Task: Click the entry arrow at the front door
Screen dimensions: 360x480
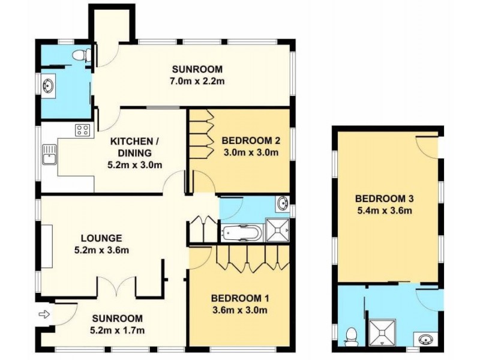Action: pyautogui.click(x=44, y=313)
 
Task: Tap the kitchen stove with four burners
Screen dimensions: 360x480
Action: pyautogui.click(x=83, y=130)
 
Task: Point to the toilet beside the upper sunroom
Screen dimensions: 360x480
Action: pyautogui.click(x=80, y=56)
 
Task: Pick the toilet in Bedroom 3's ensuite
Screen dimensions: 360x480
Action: pyautogui.click(x=352, y=334)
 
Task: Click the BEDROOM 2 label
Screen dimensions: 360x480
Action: pyautogui.click(x=250, y=141)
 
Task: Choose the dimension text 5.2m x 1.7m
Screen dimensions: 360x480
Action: pyautogui.click(x=118, y=330)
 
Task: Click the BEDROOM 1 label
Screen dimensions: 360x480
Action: pyautogui.click(x=238, y=298)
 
